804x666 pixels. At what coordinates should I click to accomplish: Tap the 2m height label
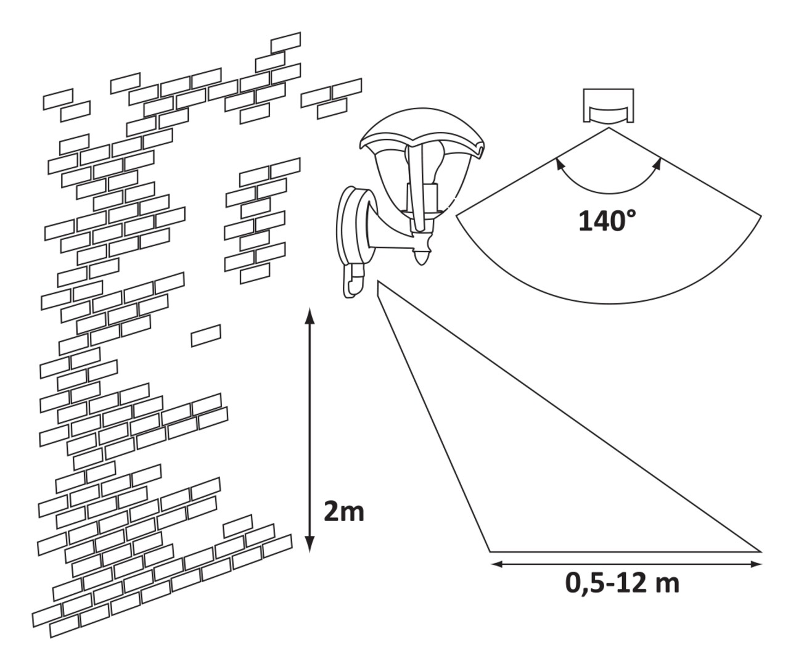point(344,511)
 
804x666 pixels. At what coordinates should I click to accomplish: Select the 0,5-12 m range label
point(622,582)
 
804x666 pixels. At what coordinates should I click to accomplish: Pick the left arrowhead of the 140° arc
point(559,164)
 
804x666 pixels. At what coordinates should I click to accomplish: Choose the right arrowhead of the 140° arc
point(658,164)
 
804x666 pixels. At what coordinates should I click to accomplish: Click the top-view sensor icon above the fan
point(609,106)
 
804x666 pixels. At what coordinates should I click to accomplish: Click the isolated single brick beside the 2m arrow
point(206,335)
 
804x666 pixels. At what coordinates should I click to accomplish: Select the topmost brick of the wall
point(285,41)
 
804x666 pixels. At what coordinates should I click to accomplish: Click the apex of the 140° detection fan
point(609,128)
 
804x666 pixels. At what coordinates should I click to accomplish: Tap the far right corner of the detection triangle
point(760,551)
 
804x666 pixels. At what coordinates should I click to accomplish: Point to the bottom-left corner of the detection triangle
point(491,551)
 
